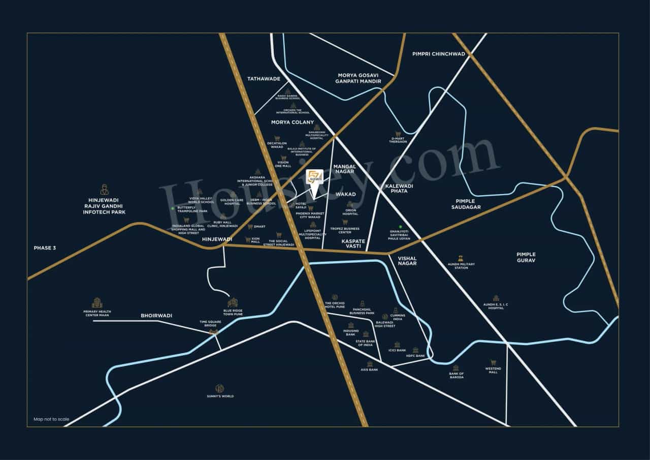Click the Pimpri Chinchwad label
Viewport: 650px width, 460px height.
[439, 54]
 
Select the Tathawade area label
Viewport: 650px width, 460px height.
[264, 79]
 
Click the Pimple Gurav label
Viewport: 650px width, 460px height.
[526, 257]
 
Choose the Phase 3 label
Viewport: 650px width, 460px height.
[45, 248]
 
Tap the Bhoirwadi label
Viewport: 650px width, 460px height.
[156, 316]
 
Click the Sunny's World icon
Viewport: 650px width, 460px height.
[220, 387]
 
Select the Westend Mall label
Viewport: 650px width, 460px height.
[493, 370]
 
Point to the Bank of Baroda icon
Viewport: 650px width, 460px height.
[456, 368]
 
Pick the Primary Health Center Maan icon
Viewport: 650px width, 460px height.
[97, 303]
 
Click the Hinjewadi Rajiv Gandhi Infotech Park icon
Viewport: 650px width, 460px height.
[104, 190]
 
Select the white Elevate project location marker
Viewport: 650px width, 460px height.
[314, 179]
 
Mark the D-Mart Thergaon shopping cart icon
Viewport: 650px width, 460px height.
[399, 133]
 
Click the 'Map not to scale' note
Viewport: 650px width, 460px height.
[51, 419]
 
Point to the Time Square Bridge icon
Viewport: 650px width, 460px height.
[214, 332]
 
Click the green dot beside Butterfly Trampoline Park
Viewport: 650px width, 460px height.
[173, 208]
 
